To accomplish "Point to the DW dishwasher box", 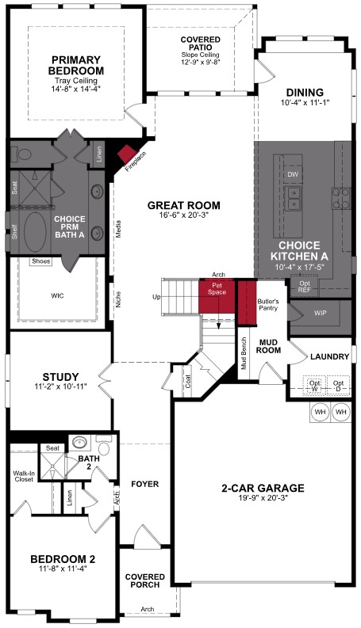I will point(293,174).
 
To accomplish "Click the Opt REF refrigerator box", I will point(304,287).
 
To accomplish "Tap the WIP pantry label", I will point(320,314).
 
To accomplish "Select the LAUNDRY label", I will point(329,357).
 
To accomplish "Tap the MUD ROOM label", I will point(269,344).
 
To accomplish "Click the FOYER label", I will point(144,483).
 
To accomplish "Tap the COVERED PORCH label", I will point(145,580).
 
